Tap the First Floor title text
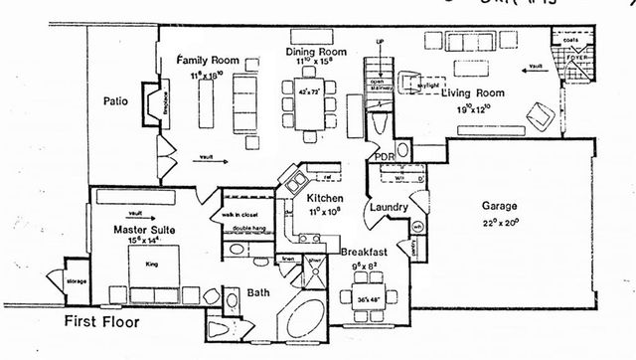(x=102, y=322)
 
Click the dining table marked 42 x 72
(x=314, y=102)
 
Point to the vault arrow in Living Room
(x=535, y=68)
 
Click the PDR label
(x=383, y=156)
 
